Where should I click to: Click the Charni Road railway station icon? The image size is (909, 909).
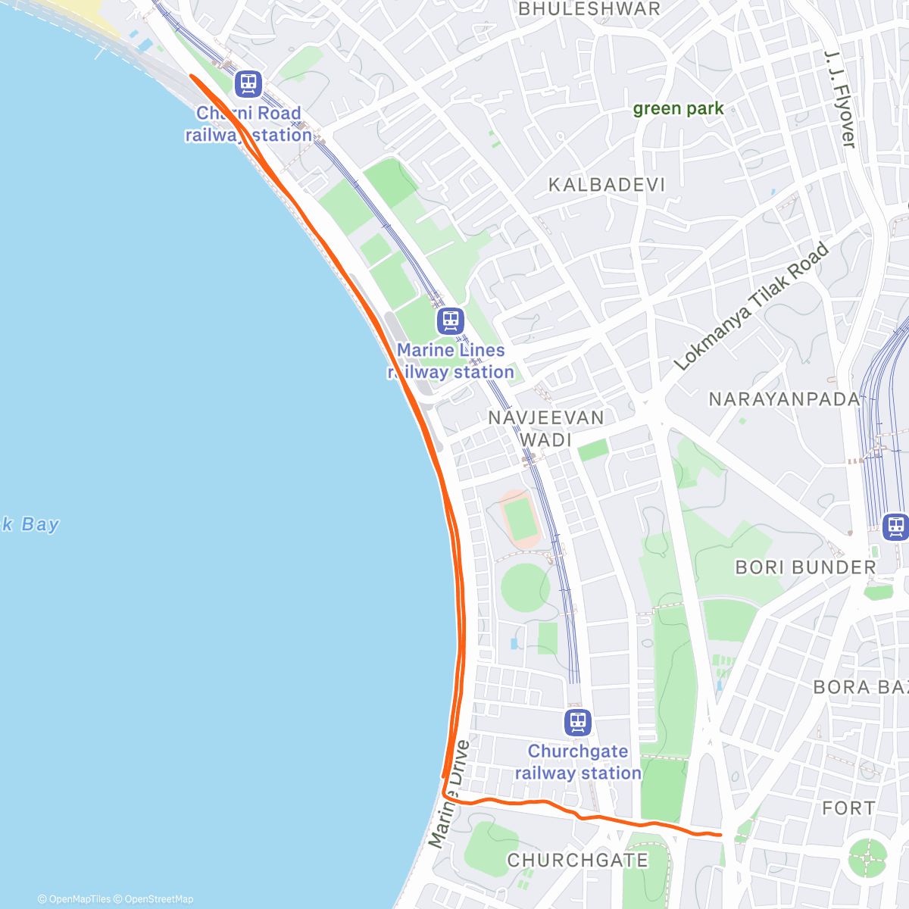(248, 84)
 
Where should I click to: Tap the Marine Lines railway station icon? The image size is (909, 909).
(450, 321)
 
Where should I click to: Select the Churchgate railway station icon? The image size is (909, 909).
(577, 723)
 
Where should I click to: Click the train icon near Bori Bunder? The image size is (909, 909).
(896, 526)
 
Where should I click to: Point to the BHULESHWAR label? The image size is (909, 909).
(589, 9)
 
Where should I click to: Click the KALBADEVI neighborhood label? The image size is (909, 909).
(607, 185)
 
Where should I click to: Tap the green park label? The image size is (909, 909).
(678, 108)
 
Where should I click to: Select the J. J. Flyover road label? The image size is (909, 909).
(840, 99)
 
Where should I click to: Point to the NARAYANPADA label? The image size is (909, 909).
(784, 399)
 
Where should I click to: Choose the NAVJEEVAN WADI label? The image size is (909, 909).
(546, 429)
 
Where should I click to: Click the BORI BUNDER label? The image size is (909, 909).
(805, 567)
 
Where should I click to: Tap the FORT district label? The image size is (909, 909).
(848, 808)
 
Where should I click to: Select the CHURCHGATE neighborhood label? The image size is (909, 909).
(577, 861)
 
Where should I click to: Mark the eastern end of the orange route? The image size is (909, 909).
(720, 834)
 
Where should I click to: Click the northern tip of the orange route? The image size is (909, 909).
(190, 77)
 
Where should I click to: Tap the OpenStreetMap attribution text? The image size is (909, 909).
(158, 899)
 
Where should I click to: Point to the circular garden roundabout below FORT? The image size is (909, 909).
(867, 857)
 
